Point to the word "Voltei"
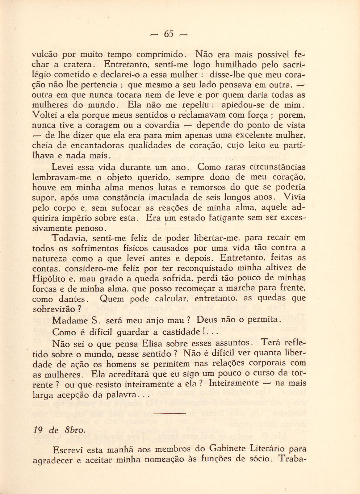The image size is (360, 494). point(44,115)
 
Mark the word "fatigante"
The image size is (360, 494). point(226,218)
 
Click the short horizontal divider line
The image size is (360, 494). point(169,413)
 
